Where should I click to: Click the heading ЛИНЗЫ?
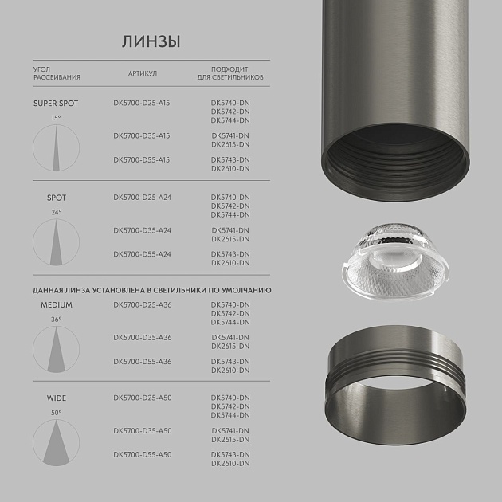[x=151, y=41]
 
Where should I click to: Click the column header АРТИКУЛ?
[x=143, y=73]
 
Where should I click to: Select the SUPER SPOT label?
[x=57, y=104]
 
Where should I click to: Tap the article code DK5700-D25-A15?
[x=142, y=104]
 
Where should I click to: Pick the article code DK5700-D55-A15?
[x=142, y=160]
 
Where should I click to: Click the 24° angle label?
[x=56, y=213]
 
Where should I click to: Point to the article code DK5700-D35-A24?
[x=142, y=230]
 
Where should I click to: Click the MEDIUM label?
[x=57, y=305]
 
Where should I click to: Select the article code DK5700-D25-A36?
[x=142, y=305]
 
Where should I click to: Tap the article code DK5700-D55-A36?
[x=142, y=362]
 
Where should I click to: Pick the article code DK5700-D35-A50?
[x=142, y=431]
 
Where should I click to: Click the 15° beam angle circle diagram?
[x=56, y=148]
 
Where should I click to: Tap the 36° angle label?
[x=56, y=320]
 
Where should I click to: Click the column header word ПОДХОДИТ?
[x=230, y=69]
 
